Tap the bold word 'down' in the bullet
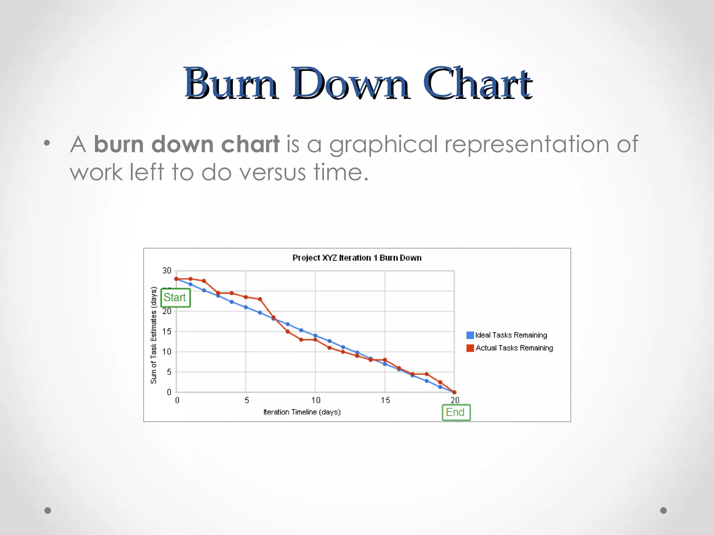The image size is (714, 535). pos(182,144)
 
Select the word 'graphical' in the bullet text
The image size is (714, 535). pos(383,144)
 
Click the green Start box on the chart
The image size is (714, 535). pos(175,298)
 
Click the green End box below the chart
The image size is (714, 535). pos(456,412)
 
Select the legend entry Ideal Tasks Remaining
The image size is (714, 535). pos(511,335)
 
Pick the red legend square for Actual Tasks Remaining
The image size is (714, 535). pos(470,348)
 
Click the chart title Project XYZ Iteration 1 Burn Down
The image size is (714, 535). pos(357,258)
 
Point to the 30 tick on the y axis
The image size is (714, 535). pos(167,270)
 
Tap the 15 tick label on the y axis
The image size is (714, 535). pos(167,331)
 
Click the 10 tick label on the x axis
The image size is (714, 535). pos(316,400)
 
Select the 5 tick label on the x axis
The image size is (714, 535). pos(246,400)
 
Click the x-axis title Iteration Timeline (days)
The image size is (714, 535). pos(302,412)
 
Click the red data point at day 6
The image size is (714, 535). pos(260,299)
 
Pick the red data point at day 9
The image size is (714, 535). pos(301,339)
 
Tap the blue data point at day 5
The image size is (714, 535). pos(246,307)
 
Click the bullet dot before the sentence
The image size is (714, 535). pos(47,143)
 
